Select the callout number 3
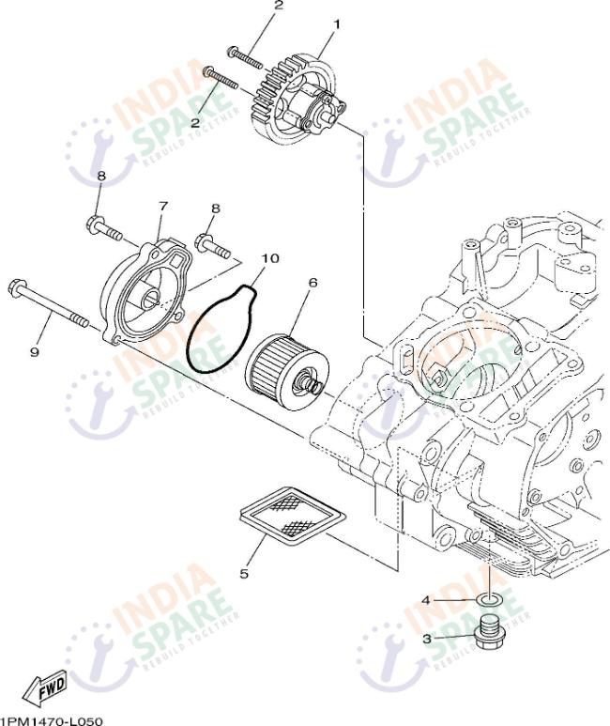[426, 639]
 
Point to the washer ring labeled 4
[491, 598]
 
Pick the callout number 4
[425, 599]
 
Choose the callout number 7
[162, 206]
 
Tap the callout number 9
[35, 351]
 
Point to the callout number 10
[270, 257]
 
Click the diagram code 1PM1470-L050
[52, 719]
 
